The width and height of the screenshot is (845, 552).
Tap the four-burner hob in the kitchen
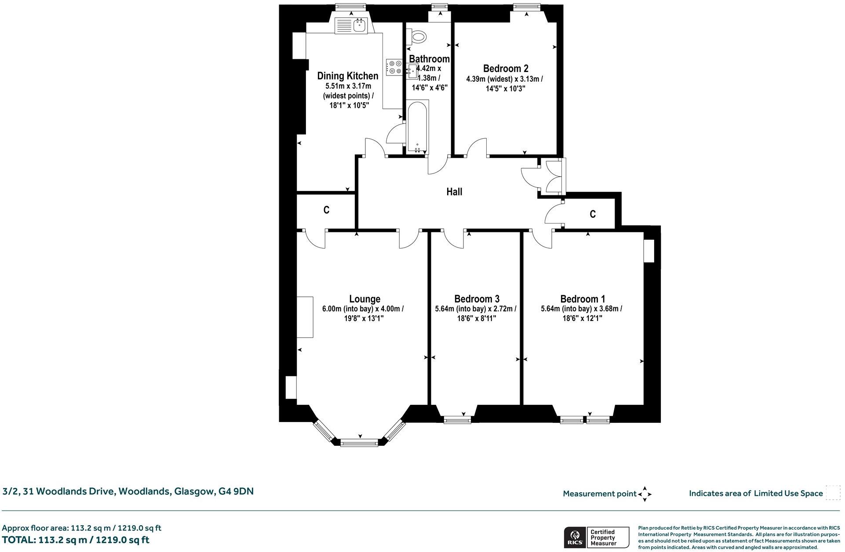pyautogui.click(x=394, y=67)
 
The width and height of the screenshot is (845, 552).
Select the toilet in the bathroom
pyautogui.click(x=416, y=36)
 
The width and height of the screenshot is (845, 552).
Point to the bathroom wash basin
pyautogui.click(x=412, y=70)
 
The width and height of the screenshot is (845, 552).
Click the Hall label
pyautogui.click(x=454, y=191)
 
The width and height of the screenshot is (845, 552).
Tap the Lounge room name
pyautogui.click(x=364, y=299)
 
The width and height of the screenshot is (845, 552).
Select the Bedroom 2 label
pyautogui.click(x=506, y=69)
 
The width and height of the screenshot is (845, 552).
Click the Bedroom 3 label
pyautogui.click(x=477, y=299)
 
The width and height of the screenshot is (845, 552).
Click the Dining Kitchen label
pyautogui.click(x=348, y=76)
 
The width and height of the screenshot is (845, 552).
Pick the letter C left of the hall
pyautogui.click(x=326, y=210)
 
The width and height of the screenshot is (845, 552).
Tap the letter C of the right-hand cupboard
pyautogui.click(x=593, y=214)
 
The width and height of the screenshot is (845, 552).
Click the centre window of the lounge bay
pyautogui.click(x=359, y=443)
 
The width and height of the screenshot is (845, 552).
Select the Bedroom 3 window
pyautogui.click(x=457, y=420)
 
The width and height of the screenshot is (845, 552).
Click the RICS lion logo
pyautogui.click(x=574, y=537)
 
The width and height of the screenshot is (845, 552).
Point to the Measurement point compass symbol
pyautogui.click(x=645, y=494)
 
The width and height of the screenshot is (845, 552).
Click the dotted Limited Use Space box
pyautogui.click(x=833, y=493)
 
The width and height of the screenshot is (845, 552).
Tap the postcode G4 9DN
pyautogui.click(x=236, y=491)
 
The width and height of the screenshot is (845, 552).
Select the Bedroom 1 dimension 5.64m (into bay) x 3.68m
pyautogui.click(x=581, y=309)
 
